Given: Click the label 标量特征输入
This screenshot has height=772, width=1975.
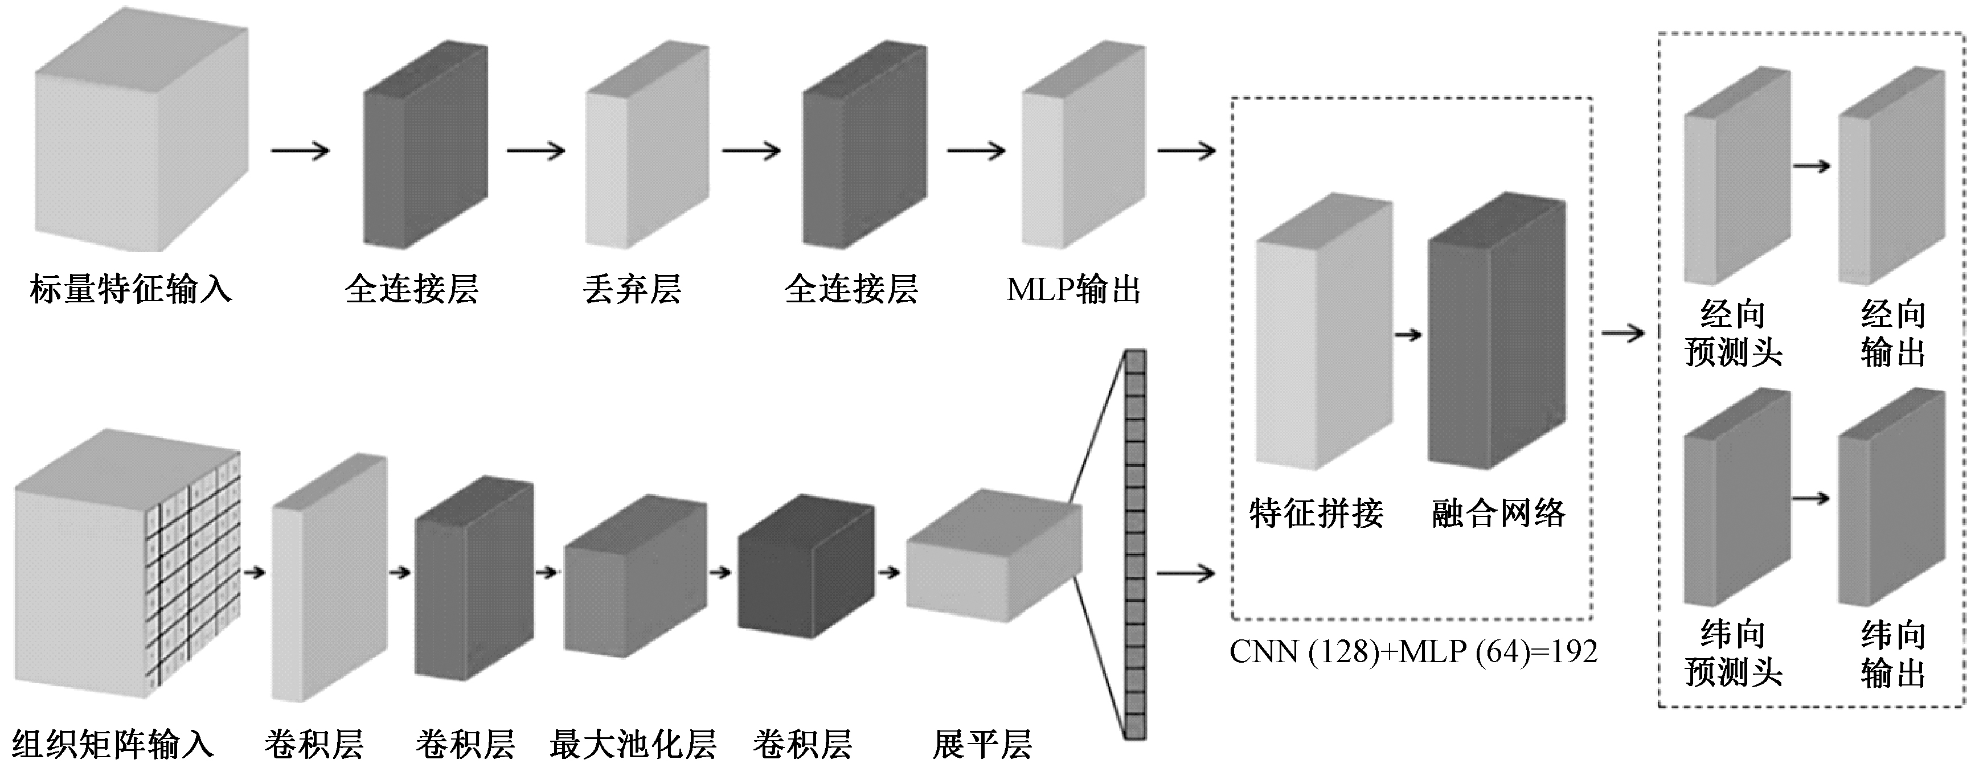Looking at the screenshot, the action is click(x=131, y=290).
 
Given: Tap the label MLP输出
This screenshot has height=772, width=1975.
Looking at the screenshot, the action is click(x=1073, y=290).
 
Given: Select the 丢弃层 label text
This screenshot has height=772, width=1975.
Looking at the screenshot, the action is click(x=632, y=290).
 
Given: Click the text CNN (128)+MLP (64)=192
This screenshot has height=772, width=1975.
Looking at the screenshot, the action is click(x=1413, y=652).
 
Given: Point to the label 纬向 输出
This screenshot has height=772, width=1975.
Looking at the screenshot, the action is click(x=1894, y=655).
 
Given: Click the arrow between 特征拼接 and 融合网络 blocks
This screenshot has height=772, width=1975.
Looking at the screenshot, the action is click(x=1409, y=335).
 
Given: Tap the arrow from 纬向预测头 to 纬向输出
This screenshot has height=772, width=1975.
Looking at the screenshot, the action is click(x=1812, y=498).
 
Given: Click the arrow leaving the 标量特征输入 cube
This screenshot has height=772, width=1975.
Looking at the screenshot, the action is click(x=300, y=150).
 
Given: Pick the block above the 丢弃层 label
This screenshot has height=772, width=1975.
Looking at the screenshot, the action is click(x=647, y=146).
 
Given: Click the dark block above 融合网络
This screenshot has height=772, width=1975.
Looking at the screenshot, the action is click(x=1497, y=331).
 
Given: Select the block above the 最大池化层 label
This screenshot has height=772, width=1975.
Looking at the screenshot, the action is click(x=636, y=575).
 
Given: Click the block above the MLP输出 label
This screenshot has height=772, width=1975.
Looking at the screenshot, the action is click(x=1084, y=146).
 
